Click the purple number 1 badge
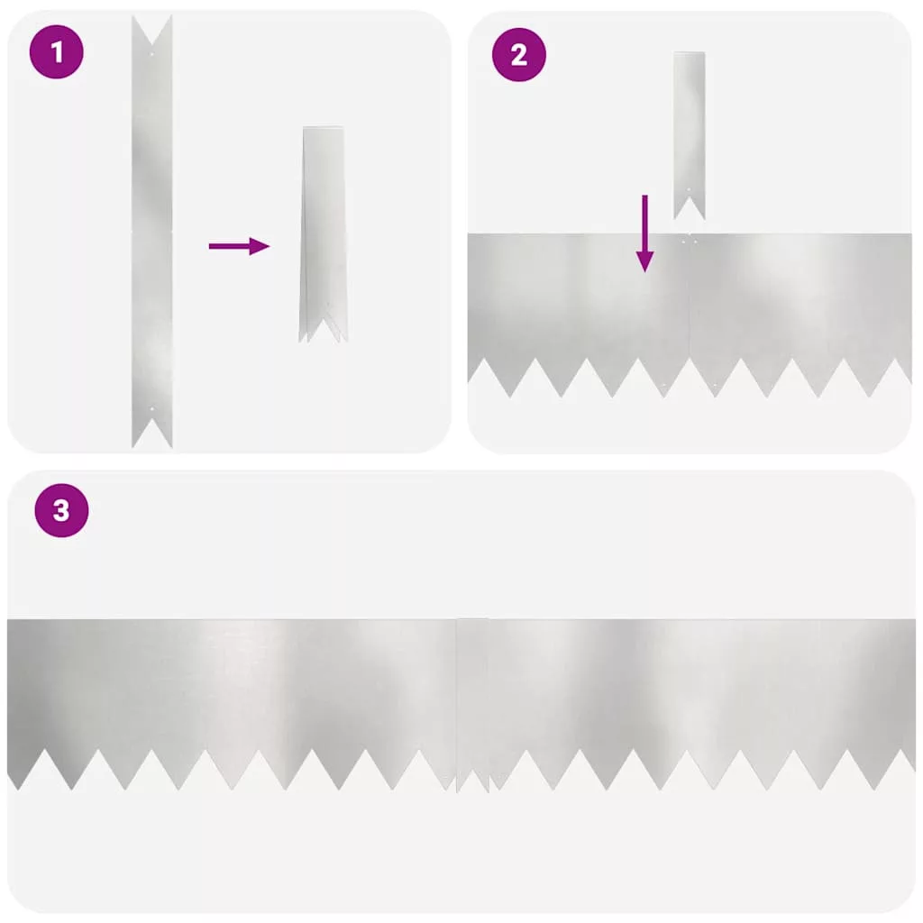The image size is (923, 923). [57, 51]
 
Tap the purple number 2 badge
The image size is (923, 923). [518, 55]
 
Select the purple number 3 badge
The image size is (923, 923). [62, 510]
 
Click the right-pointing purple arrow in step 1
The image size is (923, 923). [239, 246]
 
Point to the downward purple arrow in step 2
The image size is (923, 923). [645, 233]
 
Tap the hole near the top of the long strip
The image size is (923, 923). [151, 54]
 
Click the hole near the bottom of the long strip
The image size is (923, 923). [151, 408]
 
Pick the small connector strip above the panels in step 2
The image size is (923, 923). [690, 135]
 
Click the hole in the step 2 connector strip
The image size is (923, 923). [690, 189]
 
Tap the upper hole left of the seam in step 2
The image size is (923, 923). [683, 242]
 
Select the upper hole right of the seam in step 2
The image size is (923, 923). [695, 242]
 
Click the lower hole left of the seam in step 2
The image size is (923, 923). [664, 386]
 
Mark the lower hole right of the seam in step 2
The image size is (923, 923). [715, 386]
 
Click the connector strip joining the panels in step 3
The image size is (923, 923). [472, 703]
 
